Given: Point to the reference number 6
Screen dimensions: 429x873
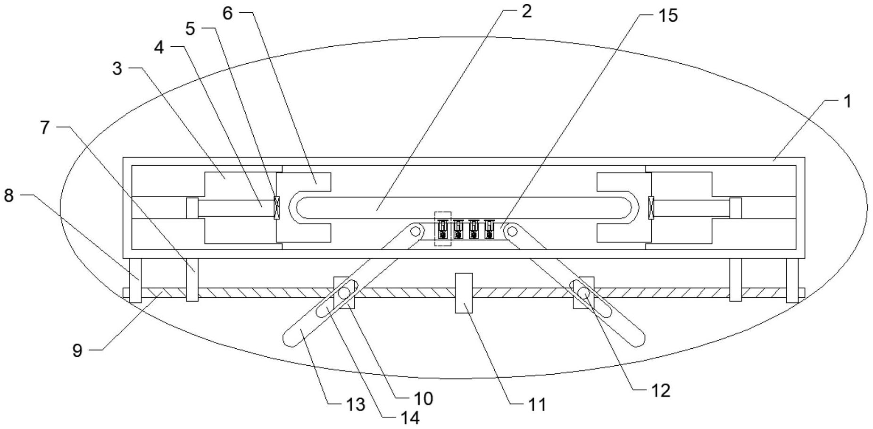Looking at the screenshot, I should point(227,13).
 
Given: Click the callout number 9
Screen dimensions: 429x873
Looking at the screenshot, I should point(77,351).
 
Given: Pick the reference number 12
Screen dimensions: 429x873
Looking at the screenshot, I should point(660,390).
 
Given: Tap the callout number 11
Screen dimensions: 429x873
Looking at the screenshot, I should point(537,404).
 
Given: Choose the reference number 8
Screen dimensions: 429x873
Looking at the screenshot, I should point(9,195).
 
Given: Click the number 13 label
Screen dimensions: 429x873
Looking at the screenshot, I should point(355,404).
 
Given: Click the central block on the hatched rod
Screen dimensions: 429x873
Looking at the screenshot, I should point(463,293).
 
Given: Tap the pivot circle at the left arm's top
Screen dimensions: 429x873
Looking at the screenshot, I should point(416,231).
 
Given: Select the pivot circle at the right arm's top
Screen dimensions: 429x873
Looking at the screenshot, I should point(512,231).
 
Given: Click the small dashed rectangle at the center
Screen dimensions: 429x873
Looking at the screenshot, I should point(442,229).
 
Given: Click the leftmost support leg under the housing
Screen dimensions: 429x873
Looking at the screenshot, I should point(135,280).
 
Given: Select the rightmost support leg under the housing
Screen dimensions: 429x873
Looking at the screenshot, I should point(792,280).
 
